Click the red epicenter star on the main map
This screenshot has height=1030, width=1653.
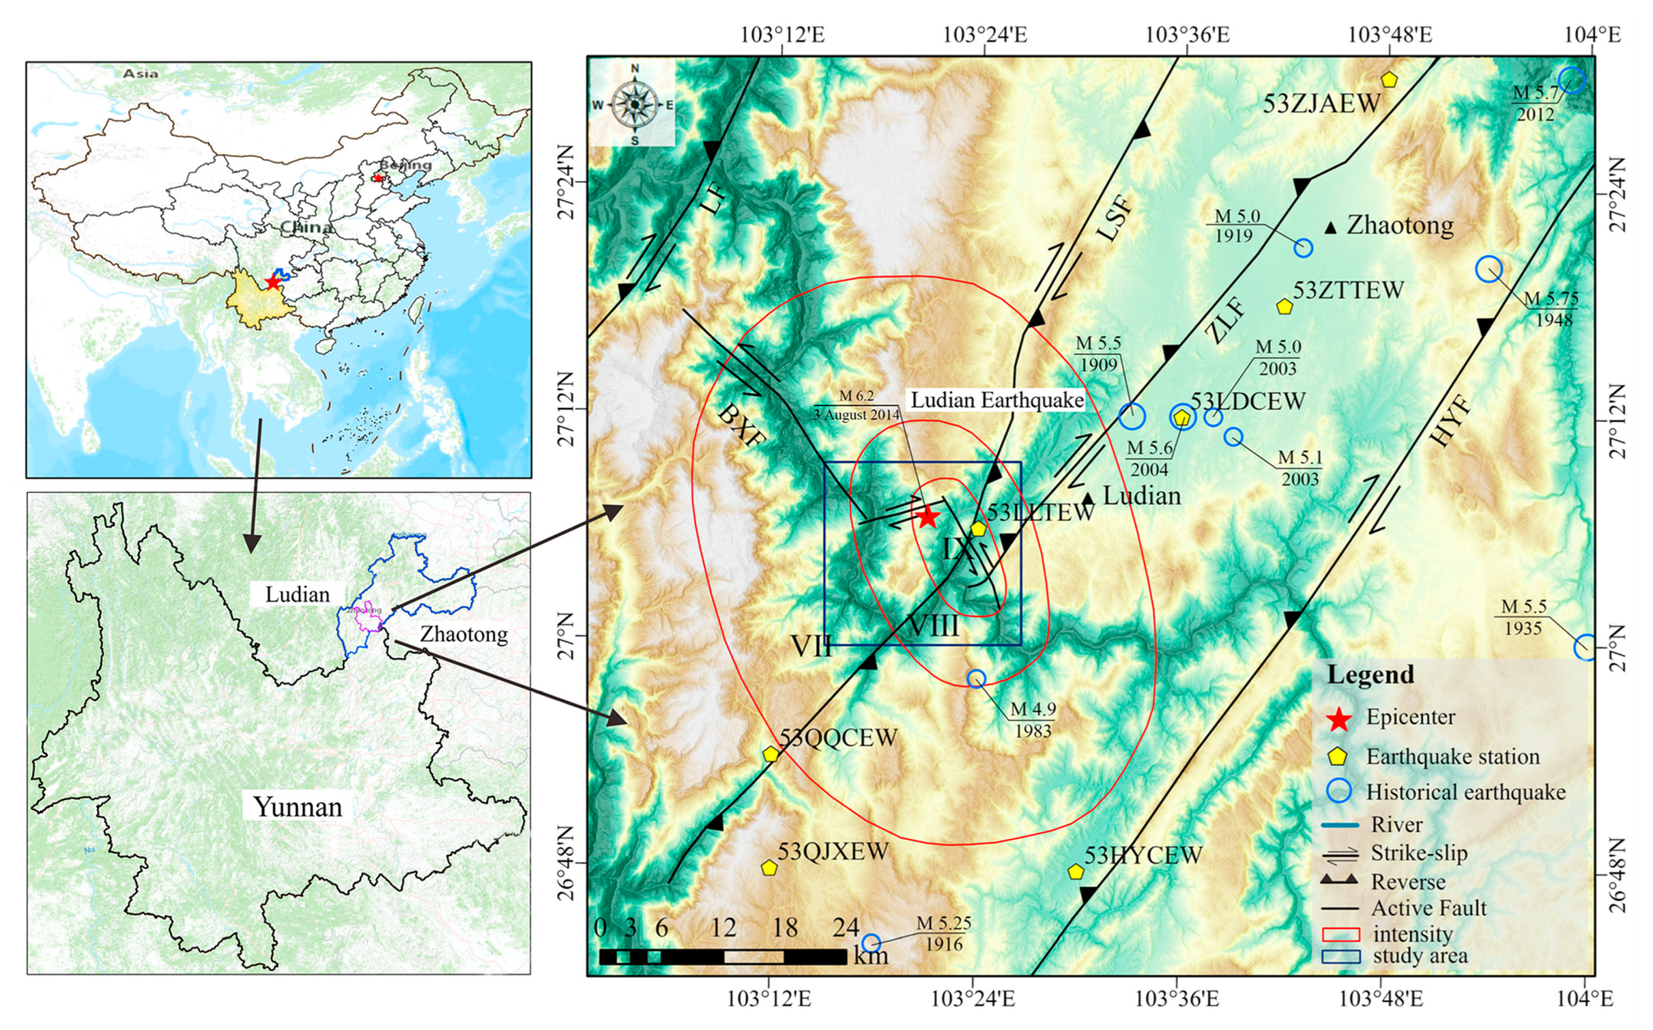click(926, 517)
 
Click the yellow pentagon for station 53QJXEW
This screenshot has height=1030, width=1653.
click(768, 868)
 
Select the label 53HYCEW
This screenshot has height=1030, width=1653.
click(1144, 855)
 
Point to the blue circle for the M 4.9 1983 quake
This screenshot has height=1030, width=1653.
click(976, 679)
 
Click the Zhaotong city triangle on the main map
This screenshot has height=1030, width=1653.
click(1330, 228)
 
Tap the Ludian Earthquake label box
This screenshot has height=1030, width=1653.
click(997, 400)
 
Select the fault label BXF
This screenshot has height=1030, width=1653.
click(741, 425)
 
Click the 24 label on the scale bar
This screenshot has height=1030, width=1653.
click(846, 927)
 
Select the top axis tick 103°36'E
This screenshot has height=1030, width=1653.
click(1187, 33)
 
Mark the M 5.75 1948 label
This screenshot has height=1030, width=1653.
click(1551, 308)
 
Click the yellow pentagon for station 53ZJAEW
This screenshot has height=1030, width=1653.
click(1389, 80)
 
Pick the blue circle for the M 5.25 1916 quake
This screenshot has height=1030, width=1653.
click(871, 943)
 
